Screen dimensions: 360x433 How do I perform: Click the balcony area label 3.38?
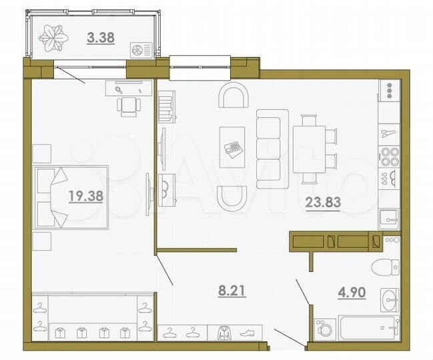point(101,38)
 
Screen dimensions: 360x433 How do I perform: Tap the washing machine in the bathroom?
point(327,329)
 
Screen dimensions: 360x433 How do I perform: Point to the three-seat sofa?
point(270,147)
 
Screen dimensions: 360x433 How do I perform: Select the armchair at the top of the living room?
point(234,97)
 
